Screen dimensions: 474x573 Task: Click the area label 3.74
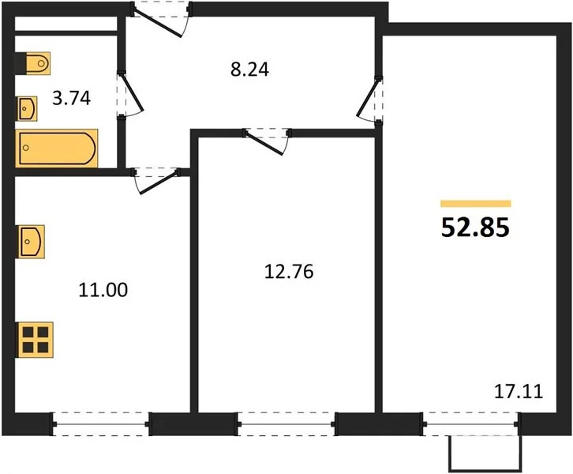[71, 99]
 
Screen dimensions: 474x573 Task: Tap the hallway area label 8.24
[249, 70]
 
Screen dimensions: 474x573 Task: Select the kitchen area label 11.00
[105, 290]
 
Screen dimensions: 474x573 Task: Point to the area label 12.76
[288, 273]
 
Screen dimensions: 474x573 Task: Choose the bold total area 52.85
[475, 228]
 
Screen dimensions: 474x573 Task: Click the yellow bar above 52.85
[475, 204]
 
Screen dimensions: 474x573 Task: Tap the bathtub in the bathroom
[57, 148]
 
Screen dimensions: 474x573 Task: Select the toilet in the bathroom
[34, 61]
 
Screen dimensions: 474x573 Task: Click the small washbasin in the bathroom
[28, 107]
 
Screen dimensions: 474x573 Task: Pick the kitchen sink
[32, 240]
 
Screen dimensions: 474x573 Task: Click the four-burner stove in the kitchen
[35, 340]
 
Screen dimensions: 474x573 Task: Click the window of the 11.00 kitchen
[100, 424]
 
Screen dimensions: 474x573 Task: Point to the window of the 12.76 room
[286, 424]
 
